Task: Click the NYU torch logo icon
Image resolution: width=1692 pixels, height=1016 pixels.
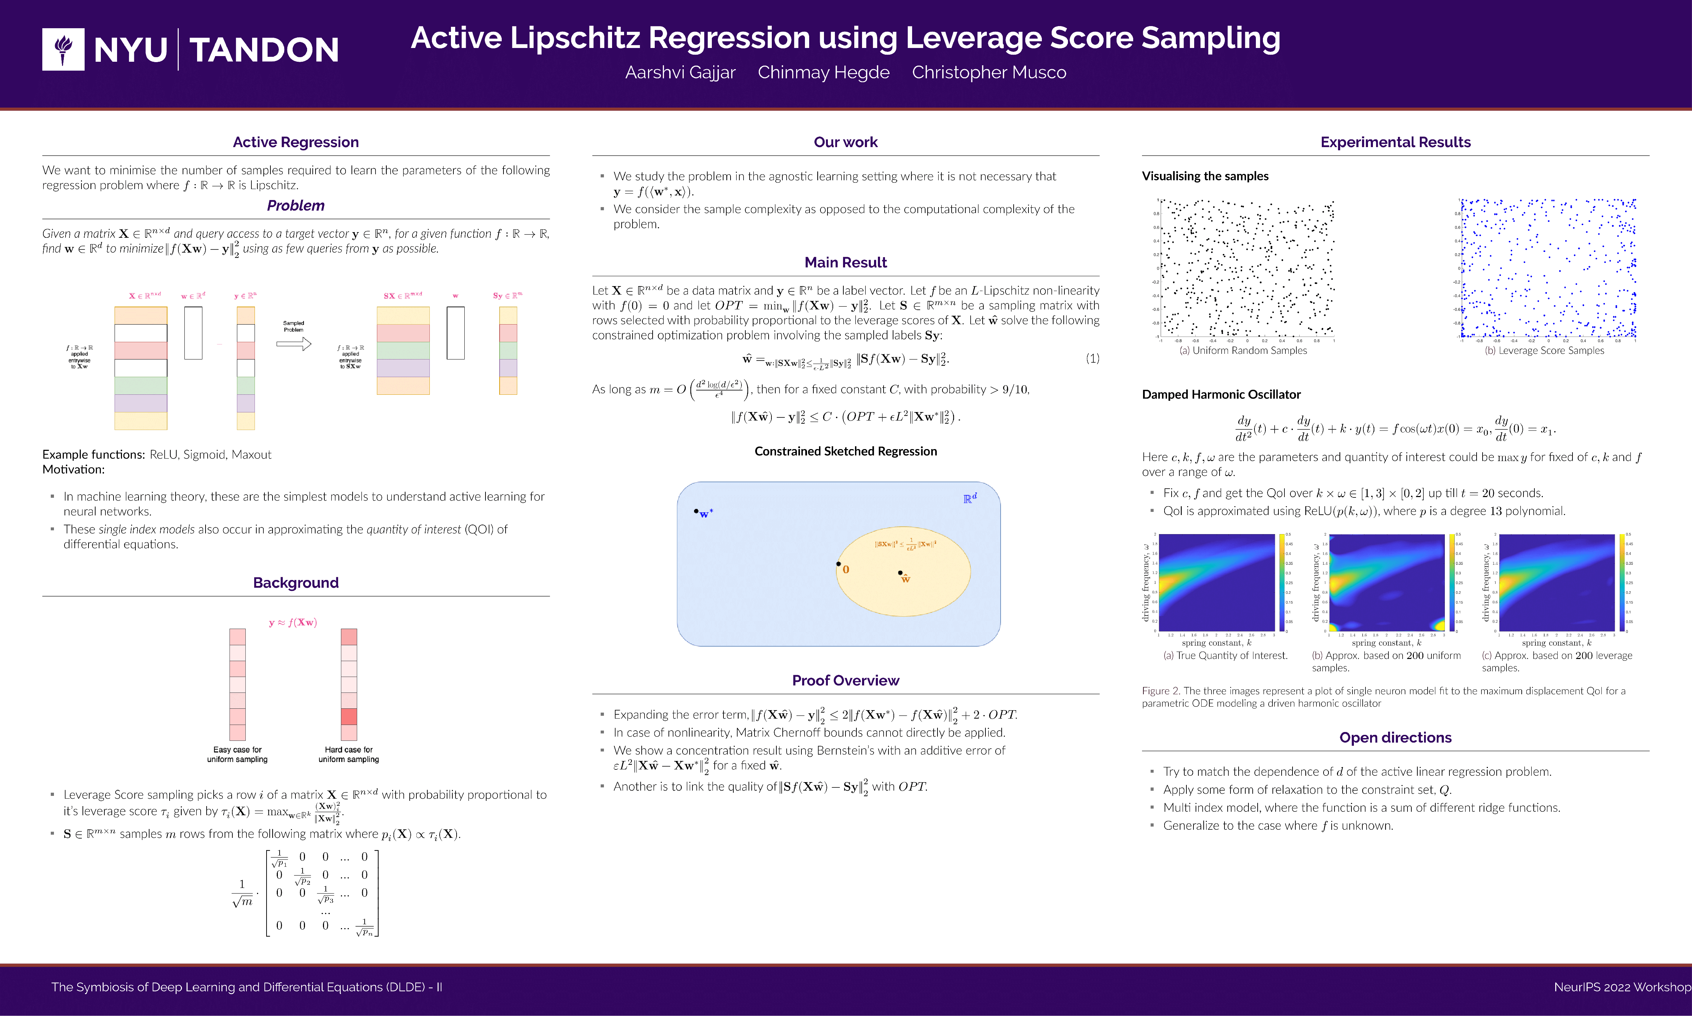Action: [63, 49]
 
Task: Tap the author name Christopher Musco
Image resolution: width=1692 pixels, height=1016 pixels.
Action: [989, 73]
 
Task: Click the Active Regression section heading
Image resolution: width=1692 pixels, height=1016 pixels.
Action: [295, 143]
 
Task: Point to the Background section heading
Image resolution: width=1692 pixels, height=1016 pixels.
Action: [295, 583]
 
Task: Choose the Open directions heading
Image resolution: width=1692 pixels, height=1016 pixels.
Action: [1395, 737]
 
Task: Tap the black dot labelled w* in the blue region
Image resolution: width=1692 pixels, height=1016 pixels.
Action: [696, 511]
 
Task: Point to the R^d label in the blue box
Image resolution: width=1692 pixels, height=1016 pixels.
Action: [970, 498]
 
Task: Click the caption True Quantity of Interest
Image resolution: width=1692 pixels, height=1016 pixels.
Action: [1225, 655]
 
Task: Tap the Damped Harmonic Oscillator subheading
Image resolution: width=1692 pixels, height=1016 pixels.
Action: [1221, 394]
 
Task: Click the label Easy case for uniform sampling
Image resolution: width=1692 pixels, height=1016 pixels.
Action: [237, 755]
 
